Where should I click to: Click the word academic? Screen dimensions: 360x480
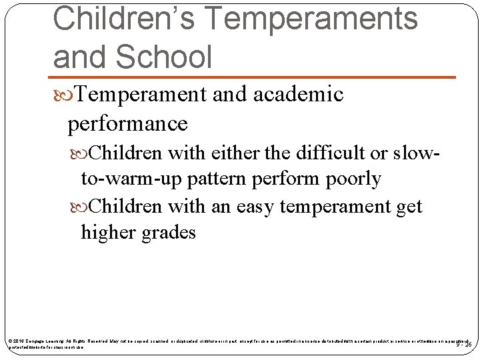(x=298, y=95)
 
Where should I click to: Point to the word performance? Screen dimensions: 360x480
(x=127, y=123)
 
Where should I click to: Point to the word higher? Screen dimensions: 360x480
(x=107, y=232)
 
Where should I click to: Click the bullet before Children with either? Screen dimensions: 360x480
(x=81, y=153)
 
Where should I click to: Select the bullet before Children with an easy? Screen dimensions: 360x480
(x=81, y=207)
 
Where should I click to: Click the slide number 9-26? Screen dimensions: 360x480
(x=464, y=344)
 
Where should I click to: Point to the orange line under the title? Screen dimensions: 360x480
(x=255, y=77)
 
